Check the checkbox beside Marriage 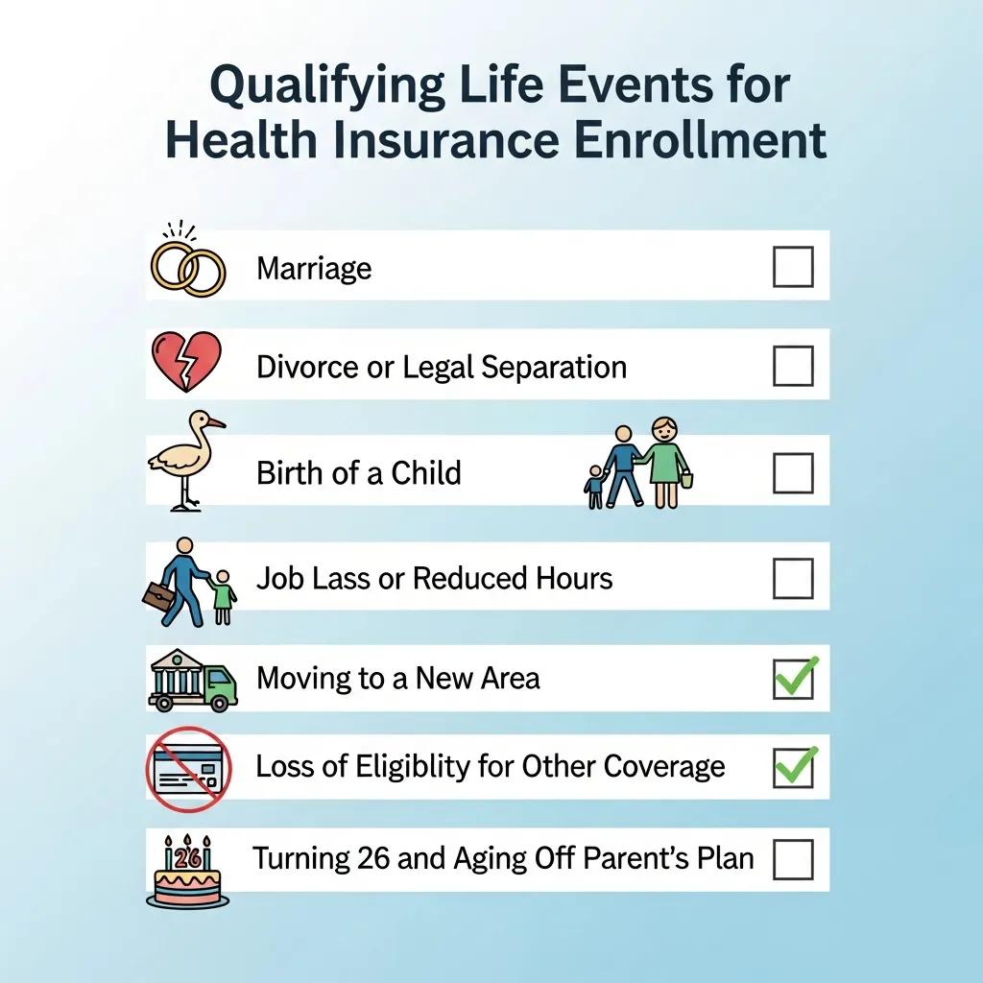point(793,267)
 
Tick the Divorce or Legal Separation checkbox point(793,366)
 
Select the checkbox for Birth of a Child point(793,472)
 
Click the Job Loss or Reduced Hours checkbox point(793,578)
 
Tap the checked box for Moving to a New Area point(794,679)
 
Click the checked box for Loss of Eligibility point(794,767)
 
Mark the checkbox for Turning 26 point(793,858)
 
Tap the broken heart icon point(186,362)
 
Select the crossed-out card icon point(185,769)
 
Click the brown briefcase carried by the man point(158,596)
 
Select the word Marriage point(314,268)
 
